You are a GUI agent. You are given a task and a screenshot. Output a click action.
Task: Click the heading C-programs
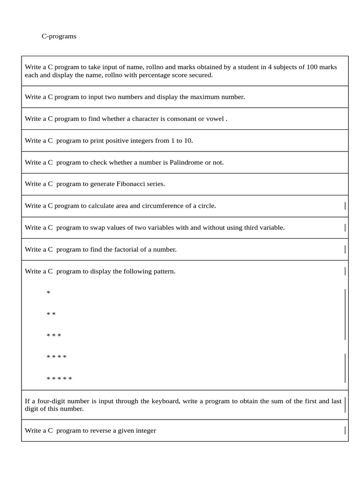click(59, 36)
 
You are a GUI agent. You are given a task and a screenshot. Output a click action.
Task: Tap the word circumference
click(163, 206)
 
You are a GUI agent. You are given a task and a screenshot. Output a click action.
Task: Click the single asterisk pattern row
click(48, 293)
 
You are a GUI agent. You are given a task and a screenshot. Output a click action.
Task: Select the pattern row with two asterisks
click(51, 315)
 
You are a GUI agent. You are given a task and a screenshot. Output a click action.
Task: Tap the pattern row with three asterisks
click(54, 336)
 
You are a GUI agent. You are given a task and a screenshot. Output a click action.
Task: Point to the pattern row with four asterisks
click(57, 358)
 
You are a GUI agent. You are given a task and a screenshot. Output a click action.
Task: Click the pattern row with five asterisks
click(60, 379)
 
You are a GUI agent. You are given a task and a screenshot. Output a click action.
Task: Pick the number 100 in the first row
click(312, 67)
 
